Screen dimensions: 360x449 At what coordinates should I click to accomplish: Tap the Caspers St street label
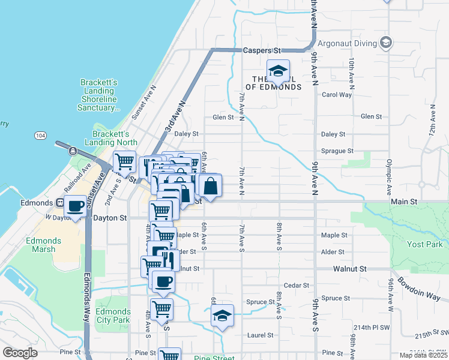click(262, 51)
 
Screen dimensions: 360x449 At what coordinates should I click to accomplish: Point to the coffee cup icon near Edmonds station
click(76, 207)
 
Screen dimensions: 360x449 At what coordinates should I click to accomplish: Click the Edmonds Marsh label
click(43, 245)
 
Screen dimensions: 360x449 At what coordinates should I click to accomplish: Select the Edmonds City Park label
click(112, 316)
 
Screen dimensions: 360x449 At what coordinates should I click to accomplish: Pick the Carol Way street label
click(337, 95)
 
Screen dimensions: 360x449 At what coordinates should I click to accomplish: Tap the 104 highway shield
click(40, 137)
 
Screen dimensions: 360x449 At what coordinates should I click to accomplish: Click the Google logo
click(20, 353)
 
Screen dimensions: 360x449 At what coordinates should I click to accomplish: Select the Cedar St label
click(296, 286)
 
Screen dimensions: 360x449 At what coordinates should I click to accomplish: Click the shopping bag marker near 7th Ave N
click(211, 187)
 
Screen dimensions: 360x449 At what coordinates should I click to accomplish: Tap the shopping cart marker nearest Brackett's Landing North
click(124, 161)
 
